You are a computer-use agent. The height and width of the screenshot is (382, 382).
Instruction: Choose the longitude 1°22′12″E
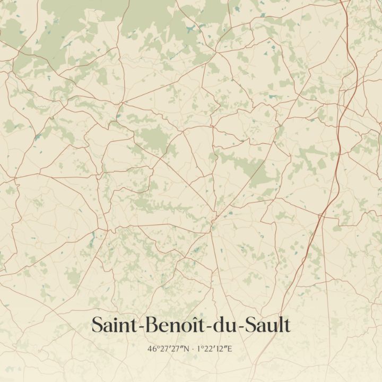pos(214,349)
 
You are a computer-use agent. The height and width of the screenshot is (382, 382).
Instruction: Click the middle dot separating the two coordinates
pos(193,349)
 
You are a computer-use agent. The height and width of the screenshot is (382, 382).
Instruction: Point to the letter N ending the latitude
pos(186,349)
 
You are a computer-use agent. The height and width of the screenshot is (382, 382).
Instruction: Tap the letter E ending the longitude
pos(230,349)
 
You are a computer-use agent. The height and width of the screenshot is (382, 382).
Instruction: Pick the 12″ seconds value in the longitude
pos(221,349)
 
